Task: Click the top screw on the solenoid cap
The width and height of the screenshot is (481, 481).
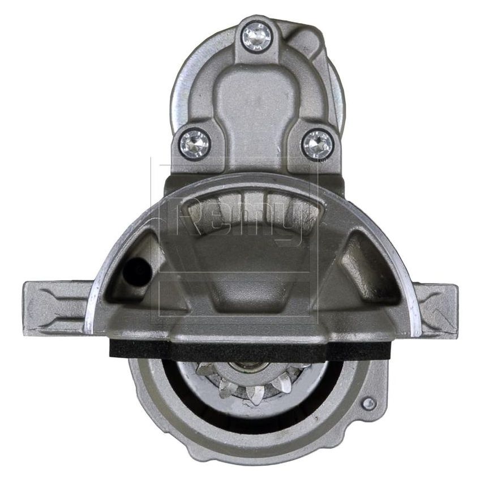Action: (256, 35)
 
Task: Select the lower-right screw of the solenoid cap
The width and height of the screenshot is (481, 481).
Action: (317, 144)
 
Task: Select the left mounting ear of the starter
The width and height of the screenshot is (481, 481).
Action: (54, 308)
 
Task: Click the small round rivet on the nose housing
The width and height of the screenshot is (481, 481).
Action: (368, 403)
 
